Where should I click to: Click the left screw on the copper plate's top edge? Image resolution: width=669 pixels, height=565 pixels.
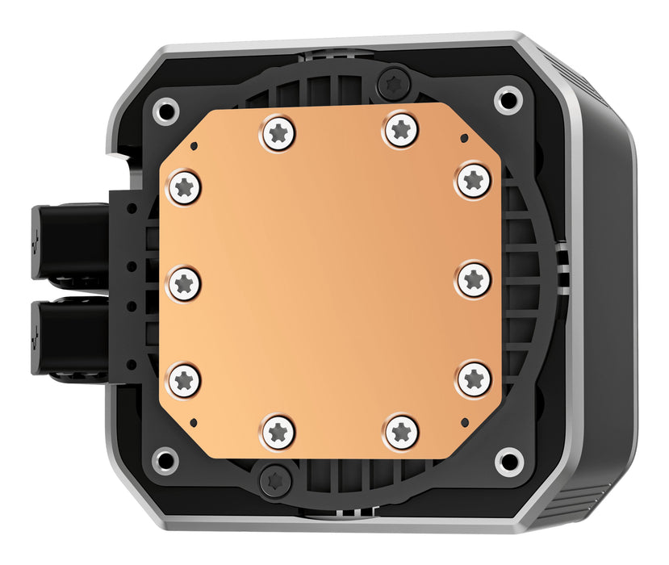point(278,132)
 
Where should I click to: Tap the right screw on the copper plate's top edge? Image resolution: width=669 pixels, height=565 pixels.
point(401,130)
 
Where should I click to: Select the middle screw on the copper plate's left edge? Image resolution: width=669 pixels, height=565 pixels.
point(184,282)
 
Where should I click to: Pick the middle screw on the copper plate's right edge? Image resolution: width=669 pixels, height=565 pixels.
point(474,280)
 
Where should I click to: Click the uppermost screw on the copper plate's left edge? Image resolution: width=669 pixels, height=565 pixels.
point(184,188)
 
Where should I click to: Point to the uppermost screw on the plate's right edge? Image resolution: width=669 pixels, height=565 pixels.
point(473,179)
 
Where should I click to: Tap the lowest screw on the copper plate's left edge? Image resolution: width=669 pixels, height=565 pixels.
point(184,377)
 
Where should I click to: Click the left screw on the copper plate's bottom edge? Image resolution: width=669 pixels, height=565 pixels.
point(278,431)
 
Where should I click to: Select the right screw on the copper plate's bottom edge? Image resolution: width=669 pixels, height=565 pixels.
point(401,431)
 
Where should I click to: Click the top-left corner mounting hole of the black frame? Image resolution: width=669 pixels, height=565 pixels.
point(166,108)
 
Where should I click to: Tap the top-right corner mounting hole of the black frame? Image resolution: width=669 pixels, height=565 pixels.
point(508,100)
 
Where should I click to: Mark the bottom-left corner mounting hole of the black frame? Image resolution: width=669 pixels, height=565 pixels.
point(165,460)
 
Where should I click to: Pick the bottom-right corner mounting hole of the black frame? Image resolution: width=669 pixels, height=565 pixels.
point(508,462)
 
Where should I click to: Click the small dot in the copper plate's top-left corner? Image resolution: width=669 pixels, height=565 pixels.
point(195,146)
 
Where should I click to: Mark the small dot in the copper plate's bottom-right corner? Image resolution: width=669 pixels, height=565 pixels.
point(463,421)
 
